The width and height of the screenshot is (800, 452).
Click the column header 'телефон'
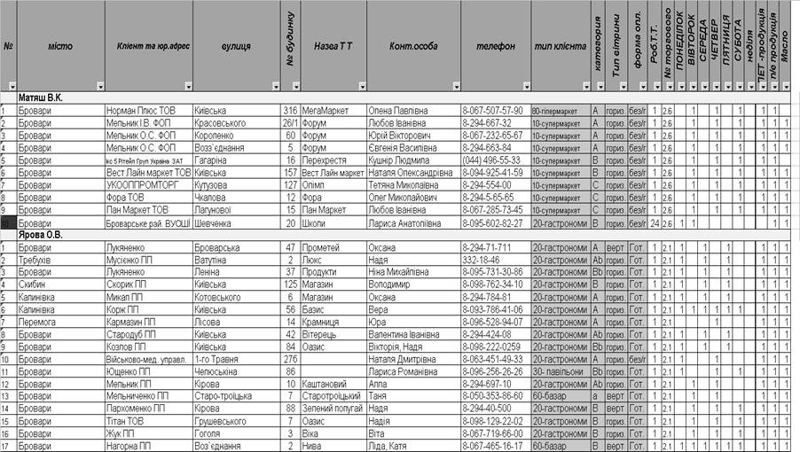[x=495, y=46]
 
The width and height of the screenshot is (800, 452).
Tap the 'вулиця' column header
[x=234, y=46]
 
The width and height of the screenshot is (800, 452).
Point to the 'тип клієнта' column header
[x=561, y=46]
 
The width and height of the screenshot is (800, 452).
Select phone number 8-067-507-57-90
[x=493, y=110]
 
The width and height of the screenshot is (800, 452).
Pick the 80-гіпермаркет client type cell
[x=559, y=110]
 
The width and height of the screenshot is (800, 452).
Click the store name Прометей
[x=321, y=247]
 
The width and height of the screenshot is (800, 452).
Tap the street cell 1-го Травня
[x=218, y=360]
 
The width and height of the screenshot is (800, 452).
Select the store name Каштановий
[x=325, y=385]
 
